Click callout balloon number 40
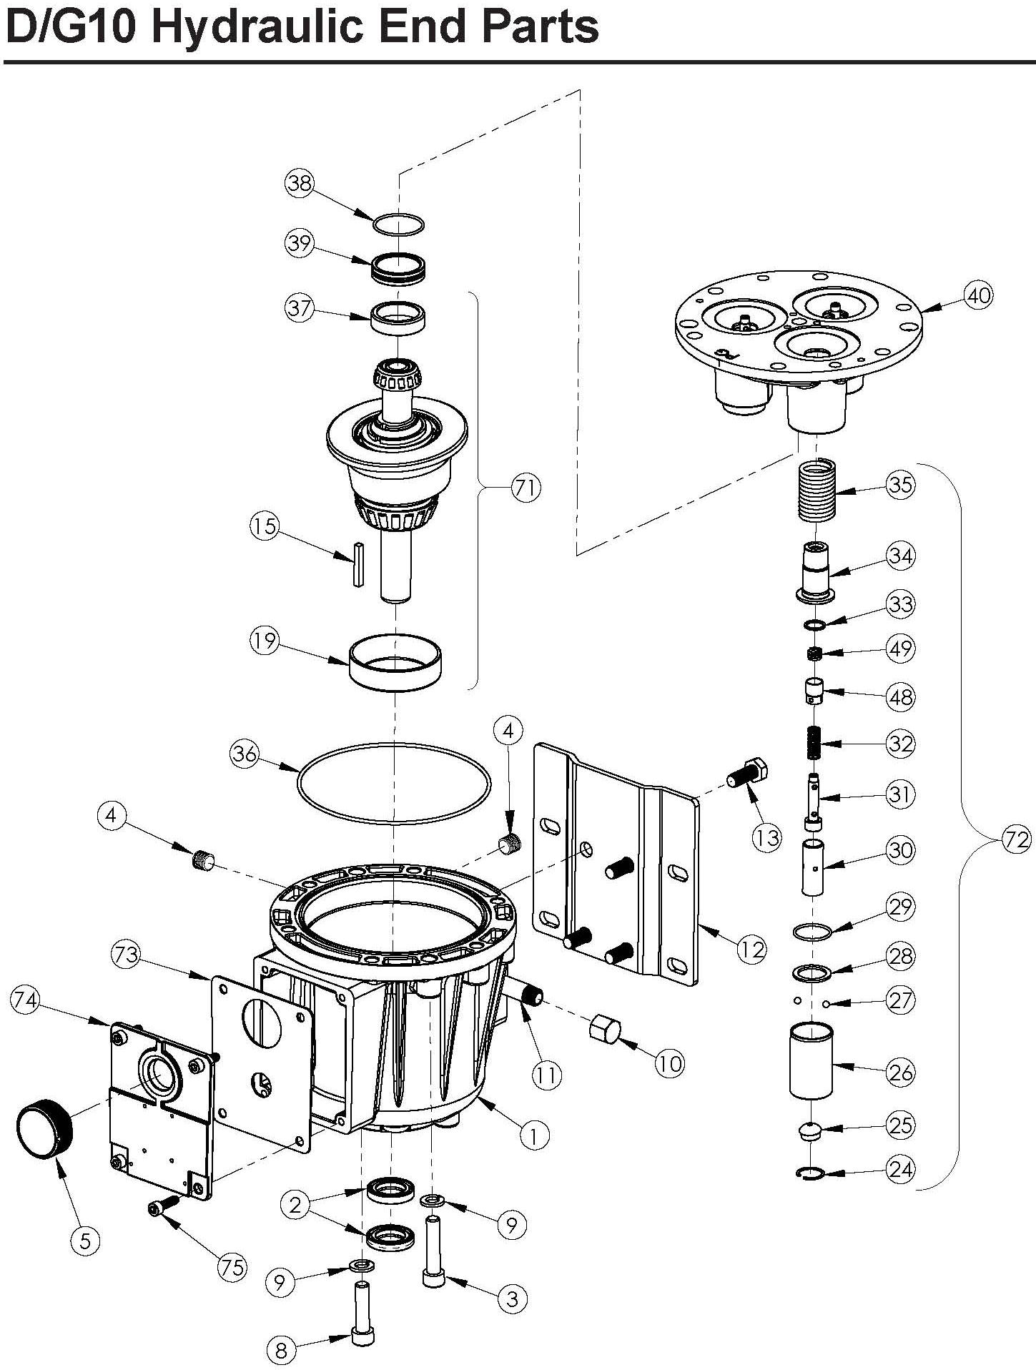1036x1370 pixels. pyautogui.click(x=978, y=295)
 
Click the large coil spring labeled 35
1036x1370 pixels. pyautogui.click(x=817, y=493)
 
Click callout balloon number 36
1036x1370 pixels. pyautogui.click(x=245, y=754)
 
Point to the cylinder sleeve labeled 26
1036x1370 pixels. pyautogui.click(x=811, y=1060)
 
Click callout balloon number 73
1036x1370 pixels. pyautogui.click(x=126, y=955)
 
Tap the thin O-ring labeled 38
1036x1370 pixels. pyautogui.click(x=399, y=223)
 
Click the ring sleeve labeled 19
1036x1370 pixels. pyautogui.click(x=395, y=663)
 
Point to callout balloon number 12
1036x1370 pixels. pyautogui.click(x=752, y=950)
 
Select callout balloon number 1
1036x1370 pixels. pyautogui.click(x=534, y=1135)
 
